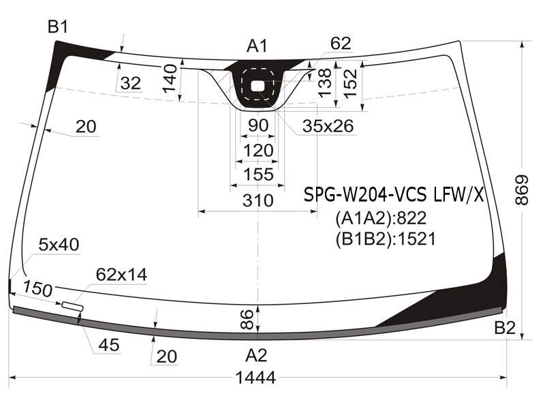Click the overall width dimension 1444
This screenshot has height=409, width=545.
click(x=255, y=377)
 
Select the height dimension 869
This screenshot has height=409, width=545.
click(x=522, y=190)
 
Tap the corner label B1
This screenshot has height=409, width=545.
click(x=58, y=27)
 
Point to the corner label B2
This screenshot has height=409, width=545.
click(x=505, y=327)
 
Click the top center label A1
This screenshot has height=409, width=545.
click(x=257, y=46)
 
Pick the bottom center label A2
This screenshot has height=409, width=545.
click(x=256, y=355)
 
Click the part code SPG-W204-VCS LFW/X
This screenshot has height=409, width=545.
click(x=394, y=195)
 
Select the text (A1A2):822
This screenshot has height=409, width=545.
click(x=381, y=218)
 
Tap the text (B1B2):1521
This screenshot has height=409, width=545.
click(x=386, y=239)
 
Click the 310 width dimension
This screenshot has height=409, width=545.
click(x=258, y=200)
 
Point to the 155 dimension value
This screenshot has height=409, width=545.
click(x=258, y=175)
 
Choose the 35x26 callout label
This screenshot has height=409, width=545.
click(x=328, y=126)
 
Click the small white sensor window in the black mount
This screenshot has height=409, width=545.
click(x=258, y=86)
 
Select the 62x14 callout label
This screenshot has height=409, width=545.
click(x=122, y=275)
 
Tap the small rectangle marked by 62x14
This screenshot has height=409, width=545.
click(x=72, y=306)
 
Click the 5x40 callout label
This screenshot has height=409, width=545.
click(x=59, y=245)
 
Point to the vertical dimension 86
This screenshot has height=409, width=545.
click(x=247, y=319)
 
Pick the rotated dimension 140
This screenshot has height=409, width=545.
click(x=170, y=78)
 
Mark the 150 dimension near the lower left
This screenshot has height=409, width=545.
click(x=38, y=288)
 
